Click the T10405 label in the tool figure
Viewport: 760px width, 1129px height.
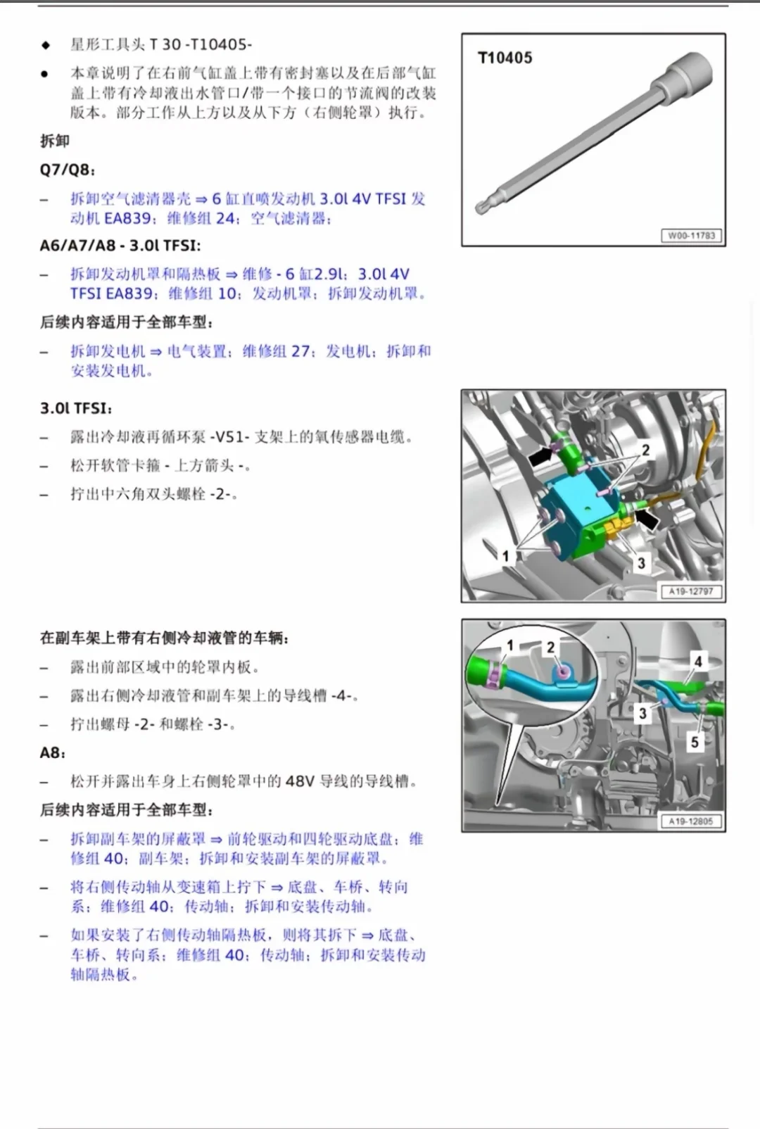(x=505, y=58)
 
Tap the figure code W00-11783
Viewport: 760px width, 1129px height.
(x=691, y=235)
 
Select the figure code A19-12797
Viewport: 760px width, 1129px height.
(x=691, y=591)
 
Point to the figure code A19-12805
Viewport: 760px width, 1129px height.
(x=691, y=821)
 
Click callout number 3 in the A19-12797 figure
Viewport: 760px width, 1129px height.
(x=641, y=563)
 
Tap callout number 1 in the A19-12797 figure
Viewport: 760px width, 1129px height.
(x=505, y=555)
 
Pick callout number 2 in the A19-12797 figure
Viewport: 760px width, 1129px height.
(x=645, y=450)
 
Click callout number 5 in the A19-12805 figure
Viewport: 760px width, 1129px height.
(x=695, y=742)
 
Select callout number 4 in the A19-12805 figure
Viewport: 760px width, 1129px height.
(x=698, y=661)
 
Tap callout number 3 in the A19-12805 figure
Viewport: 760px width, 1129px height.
(x=642, y=714)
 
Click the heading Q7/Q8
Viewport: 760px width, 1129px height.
(x=67, y=170)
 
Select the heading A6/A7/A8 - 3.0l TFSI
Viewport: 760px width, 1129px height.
(x=120, y=246)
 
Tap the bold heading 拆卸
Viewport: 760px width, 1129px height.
(x=54, y=141)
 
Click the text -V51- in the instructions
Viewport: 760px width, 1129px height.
(x=229, y=437)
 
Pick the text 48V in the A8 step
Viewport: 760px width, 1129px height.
(x=300, y=781)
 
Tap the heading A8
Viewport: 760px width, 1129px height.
(x=52, y=753)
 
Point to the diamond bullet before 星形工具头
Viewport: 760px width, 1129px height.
(x=46, y=45)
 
